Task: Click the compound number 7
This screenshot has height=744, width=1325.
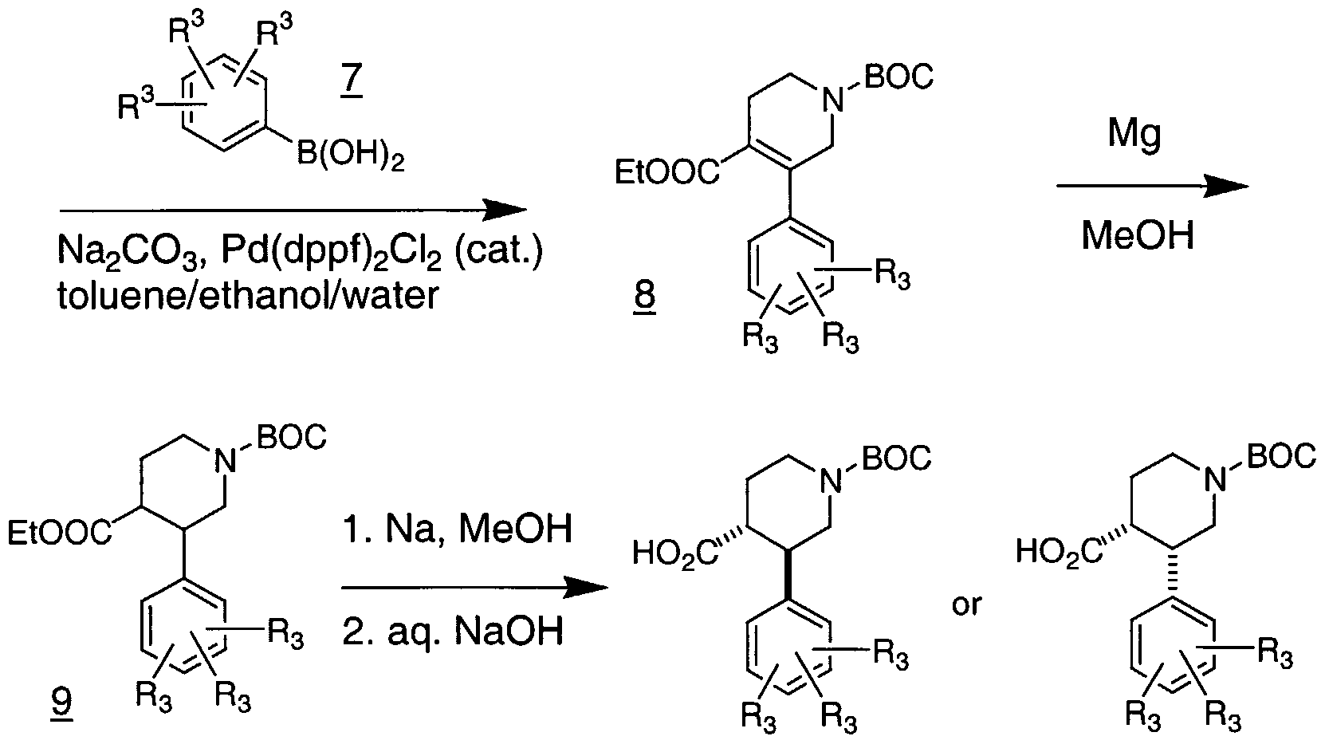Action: pos(351,82)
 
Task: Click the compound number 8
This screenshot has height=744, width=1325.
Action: pos(644,295)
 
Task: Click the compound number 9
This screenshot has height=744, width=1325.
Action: pos(61,702)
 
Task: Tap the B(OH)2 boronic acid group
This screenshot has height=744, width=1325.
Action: pos(350,154)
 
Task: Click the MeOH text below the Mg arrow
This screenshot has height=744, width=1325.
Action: pos(1138,235)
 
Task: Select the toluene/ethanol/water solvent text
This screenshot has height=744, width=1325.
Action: pos(248,294)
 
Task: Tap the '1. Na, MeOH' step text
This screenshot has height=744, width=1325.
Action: pos(458,529)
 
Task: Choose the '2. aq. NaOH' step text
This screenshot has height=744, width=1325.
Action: pos(453,631)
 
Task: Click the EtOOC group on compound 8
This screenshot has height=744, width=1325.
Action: pos(667,172)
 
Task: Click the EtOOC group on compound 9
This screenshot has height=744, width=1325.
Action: pos(59,532)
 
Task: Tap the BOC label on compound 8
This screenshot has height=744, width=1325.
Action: pos(899,77)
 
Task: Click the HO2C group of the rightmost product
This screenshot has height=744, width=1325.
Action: pos(1059,553)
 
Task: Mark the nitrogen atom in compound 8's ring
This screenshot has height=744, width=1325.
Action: pos(833,101)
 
